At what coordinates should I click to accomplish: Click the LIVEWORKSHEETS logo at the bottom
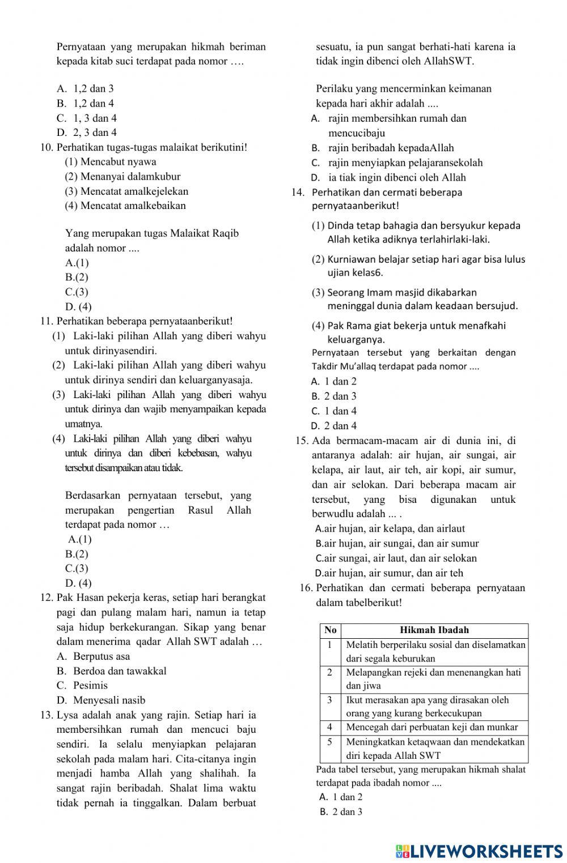pos(479,851)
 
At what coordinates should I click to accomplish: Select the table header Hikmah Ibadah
pos(434,630)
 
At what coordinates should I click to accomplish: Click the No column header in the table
pos(331,630)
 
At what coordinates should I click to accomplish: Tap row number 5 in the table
pos(330,741)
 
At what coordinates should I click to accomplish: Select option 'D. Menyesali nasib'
pos(101,700)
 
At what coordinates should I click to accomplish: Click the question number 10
pos(46,147)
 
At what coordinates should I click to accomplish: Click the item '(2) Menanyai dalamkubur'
pos(122,177)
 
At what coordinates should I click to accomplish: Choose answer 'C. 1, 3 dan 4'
pos(87,118)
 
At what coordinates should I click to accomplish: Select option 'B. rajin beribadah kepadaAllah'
pos(383,148)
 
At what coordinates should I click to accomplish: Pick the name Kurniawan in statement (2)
pos(352,259)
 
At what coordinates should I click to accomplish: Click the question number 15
pos(302,441)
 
